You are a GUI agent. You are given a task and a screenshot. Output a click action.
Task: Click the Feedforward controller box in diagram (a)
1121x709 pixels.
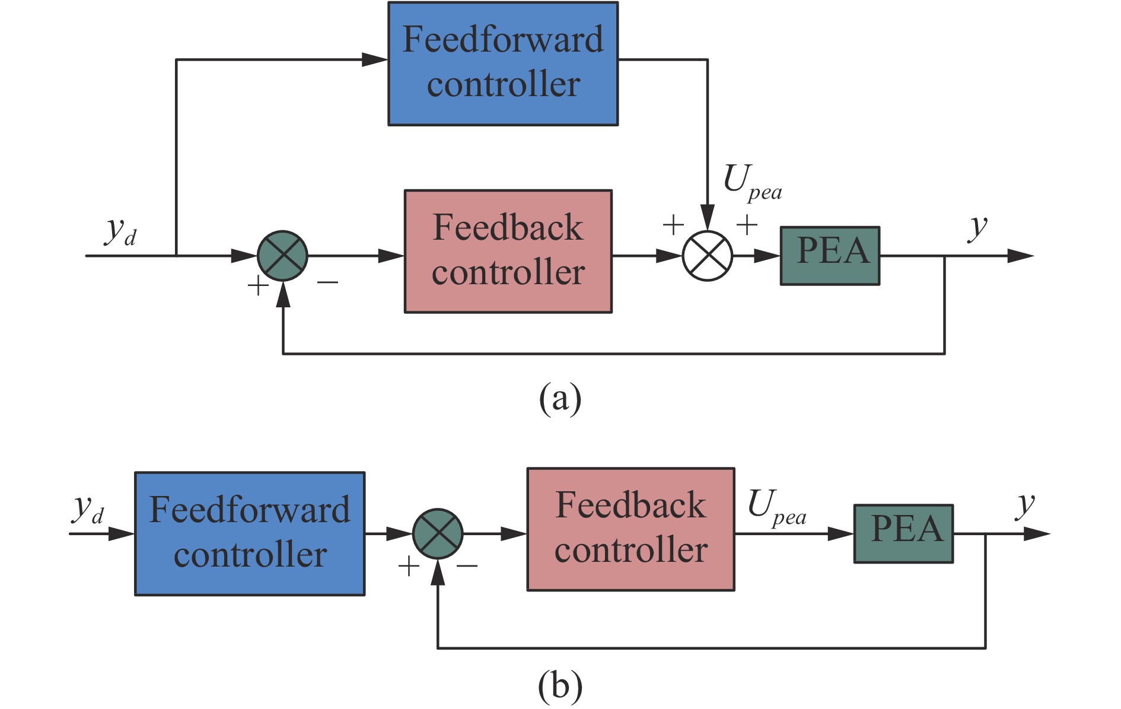503,63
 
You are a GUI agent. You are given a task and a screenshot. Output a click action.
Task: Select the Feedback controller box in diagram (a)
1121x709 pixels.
508,251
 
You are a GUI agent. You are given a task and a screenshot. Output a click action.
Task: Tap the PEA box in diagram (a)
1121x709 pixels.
830,255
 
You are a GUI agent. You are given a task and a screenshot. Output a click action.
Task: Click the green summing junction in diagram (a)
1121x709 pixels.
282,256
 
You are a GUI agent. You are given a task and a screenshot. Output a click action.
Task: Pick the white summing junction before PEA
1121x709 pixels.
708,256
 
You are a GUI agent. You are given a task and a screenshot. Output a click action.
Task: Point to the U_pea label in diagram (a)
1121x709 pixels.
751,182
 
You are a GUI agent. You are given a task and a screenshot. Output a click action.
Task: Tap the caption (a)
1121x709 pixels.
560,398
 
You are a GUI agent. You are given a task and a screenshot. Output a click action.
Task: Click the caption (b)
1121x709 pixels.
560,686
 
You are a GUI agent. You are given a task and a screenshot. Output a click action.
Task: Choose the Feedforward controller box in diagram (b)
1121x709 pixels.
250,533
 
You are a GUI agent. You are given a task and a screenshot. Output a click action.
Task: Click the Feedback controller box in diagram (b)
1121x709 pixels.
630,529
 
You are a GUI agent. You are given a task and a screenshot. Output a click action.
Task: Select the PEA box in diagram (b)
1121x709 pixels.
903,533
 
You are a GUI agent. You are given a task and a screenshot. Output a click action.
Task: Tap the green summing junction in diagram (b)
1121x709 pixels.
438,533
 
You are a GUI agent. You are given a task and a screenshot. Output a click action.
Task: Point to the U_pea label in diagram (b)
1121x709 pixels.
776,507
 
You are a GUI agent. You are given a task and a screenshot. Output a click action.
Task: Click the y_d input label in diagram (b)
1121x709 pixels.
88,509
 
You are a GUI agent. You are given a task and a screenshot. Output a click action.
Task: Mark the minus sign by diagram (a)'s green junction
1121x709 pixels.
327,283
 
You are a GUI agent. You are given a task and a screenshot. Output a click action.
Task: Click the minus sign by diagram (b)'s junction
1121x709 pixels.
467,566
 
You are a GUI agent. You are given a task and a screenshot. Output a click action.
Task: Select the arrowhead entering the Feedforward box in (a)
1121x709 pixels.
375,59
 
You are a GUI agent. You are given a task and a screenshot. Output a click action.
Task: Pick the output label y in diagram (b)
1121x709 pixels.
1025,505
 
